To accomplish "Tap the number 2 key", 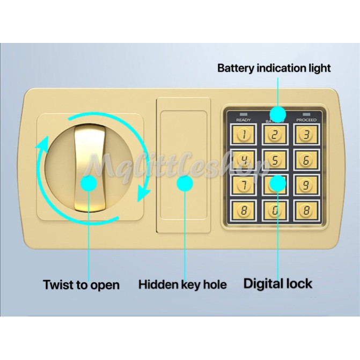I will (x=275, y=135).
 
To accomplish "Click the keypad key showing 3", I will (x=306, y=135).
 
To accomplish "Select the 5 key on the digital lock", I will (x=275, y=159).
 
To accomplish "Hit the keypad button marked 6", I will (x=306, y=159).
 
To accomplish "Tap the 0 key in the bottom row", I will (x=275, y=210).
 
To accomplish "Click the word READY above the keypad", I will (x=243, y=120).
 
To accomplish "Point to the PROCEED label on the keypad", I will (x=306, y=120).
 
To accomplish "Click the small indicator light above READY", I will (x=243, y=114).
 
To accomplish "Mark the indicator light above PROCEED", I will (x=306, y=114).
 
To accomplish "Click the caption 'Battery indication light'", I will (x=274, y=68).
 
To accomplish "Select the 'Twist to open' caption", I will (x=82, y=284).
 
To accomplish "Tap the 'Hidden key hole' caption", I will (x=182, y=284).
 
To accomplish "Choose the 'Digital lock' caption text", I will (x=277, y=283).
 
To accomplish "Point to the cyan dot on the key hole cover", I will (x=185, y=185).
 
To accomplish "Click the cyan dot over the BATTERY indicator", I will (x=277, y=114).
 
